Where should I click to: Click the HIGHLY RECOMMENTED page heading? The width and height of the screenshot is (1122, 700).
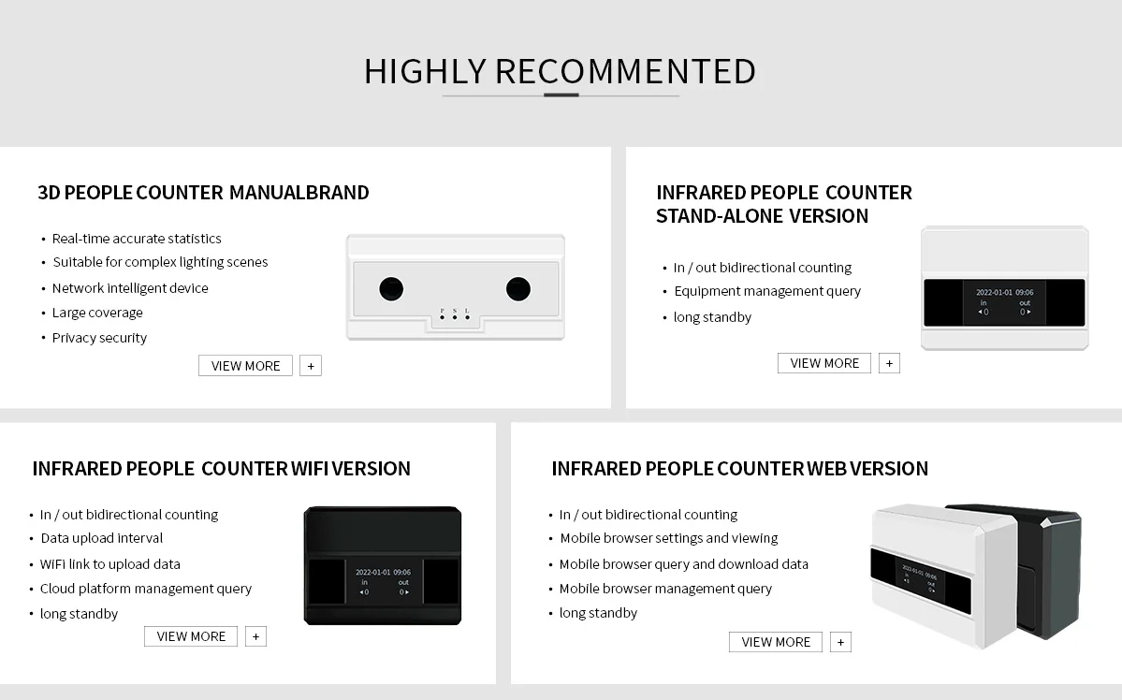[x=560, y=72]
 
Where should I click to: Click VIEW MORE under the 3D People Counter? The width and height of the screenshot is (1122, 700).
[x=245, y=366]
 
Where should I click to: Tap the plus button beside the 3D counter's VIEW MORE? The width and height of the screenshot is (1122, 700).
[x=311, y=366]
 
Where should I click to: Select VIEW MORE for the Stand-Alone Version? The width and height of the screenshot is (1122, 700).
[x=823, y=363]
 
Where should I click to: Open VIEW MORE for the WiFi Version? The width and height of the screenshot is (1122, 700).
[x=191, y=636]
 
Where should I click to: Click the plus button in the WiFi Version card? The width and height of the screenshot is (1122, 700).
[x=255, y=636]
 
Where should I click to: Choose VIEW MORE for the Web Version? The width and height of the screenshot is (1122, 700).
[x=776, y=642]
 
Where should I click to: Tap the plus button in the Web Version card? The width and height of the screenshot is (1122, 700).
[x=840, y=642]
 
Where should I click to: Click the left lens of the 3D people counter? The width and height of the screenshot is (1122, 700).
[x=391, y=288]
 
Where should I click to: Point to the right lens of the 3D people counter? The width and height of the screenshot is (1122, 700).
[x=517, y=288]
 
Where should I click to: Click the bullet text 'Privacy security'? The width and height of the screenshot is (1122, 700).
[x=99, y=338]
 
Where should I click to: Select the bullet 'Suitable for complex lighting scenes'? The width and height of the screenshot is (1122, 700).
[x=160, y=262]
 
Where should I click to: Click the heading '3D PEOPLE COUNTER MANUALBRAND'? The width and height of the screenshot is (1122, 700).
[x=203, y=193]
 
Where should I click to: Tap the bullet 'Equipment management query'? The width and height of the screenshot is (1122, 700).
[x=767, y=291]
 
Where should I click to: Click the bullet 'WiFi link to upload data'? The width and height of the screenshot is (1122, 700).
[x=110, y=564]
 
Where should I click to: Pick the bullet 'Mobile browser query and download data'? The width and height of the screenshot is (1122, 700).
[x=684, y=564]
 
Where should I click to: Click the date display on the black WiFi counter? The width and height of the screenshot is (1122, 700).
[x=383, y=571]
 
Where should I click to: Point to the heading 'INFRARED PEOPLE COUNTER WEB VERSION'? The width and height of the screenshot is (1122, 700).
[x=739, y=469]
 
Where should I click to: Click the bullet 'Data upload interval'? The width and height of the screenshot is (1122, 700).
[x=102, y=538]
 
